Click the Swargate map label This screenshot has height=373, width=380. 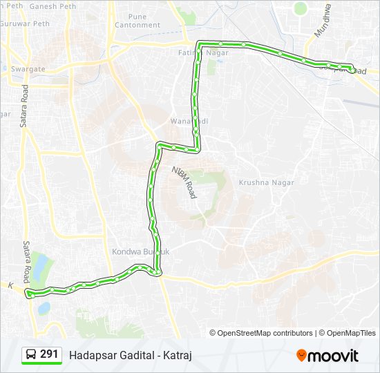[x=28, y=69]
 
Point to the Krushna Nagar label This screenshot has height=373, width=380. [x=266, y=182]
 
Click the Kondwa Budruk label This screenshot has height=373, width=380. [x=140, y=251]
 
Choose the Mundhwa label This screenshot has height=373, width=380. [x=323, y=21]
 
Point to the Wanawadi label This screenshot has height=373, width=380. [x=185, y=122]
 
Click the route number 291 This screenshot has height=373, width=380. [x=49, y=354]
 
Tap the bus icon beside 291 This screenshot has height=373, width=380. [x=32, y=355]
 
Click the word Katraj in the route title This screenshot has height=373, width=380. [x=178, y=355]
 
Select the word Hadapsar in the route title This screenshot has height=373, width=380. [x=90, y=355]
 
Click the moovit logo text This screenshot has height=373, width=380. [x=333, y=356]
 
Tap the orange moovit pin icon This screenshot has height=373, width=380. [x=301, y=356]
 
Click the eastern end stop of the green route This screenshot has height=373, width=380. [x=352, y=69]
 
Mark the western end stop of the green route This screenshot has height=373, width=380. [x=29, y=294]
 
